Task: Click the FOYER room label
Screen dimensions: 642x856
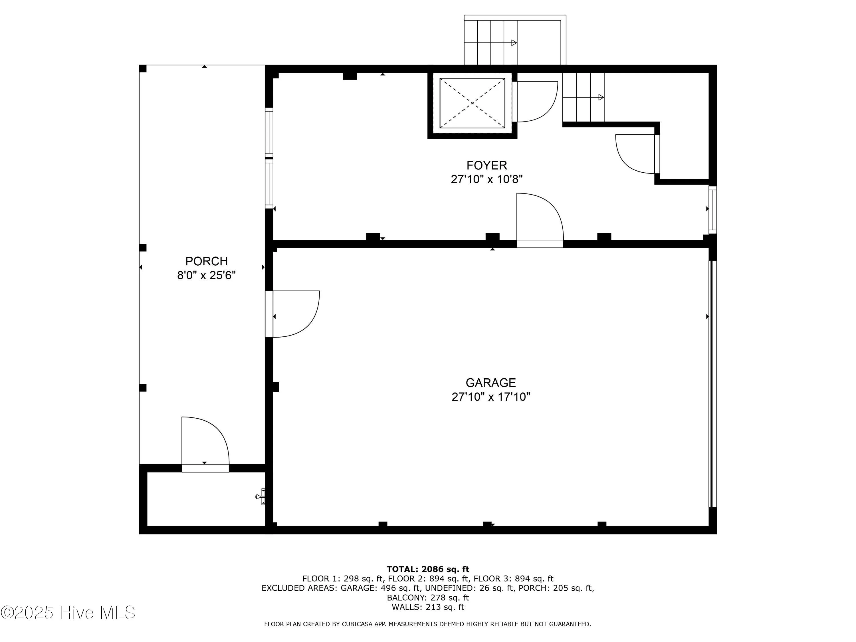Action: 486,165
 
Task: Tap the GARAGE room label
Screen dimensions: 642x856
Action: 490,382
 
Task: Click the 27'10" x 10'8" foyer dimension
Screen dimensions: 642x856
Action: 486,179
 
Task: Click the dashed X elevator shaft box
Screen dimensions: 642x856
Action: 472,103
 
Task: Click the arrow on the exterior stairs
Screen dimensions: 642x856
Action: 514,43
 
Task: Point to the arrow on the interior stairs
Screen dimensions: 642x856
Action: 601,97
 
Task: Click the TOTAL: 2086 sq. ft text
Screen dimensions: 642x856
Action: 428,569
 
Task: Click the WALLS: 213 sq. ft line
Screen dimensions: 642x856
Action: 428,607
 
